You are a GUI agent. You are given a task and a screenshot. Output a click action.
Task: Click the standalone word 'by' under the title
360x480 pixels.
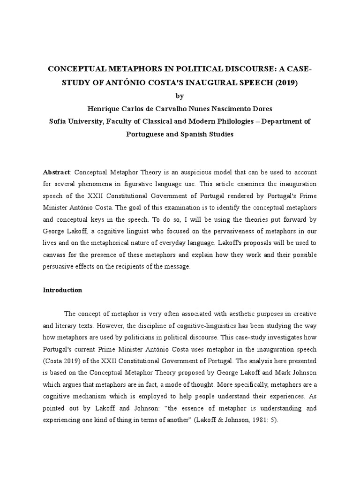(180, 96)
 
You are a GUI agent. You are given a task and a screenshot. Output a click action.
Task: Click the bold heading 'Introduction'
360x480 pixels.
(62, 290)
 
